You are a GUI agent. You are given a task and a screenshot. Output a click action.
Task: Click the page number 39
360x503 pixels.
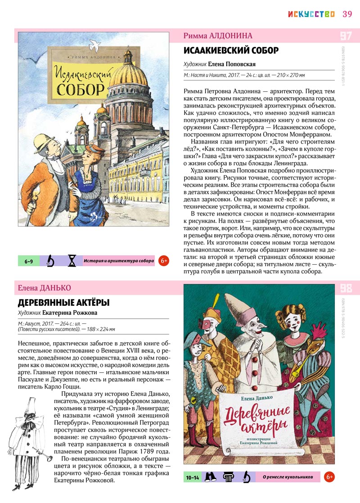click(x=347, y=14)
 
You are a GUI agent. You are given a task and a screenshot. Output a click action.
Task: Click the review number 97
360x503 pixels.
click(x=346, y=36)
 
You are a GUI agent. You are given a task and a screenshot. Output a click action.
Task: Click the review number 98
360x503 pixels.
click(x=346, y=288)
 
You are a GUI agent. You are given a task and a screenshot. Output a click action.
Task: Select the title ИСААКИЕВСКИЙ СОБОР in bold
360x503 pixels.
click(x=231, y=50)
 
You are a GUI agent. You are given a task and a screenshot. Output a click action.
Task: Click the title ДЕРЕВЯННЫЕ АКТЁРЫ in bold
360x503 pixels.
click(x=63, y=302)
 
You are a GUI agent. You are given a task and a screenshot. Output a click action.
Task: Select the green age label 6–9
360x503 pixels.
click(x=28, y=261)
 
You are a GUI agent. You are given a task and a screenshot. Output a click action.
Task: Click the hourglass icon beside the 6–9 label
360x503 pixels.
click(x=72, y=261)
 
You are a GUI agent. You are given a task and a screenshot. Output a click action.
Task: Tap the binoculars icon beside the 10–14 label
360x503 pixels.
click(x=209, y=476)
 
